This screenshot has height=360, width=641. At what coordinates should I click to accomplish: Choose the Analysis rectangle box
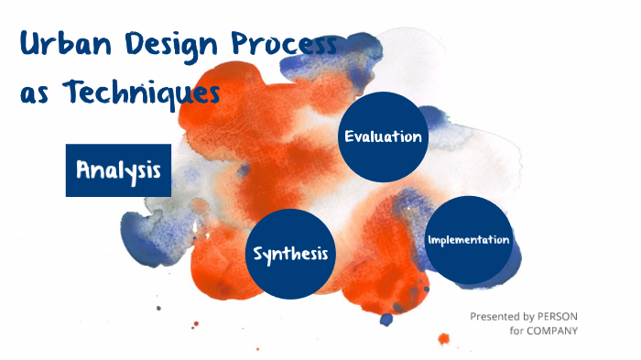click(118, 169)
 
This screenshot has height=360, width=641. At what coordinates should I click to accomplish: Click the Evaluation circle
click(383, 136)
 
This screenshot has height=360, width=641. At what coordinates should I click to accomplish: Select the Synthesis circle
click(290, 253)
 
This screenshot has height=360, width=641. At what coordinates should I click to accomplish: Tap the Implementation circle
click(468, 240)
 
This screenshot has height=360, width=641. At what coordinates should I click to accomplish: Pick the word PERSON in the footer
click(559, 316)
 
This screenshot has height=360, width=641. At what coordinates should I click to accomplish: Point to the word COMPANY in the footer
click(553, 331)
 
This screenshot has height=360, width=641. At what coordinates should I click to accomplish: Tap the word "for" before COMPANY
click(517, 331)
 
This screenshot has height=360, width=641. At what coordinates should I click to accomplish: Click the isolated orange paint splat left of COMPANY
click(443, 339)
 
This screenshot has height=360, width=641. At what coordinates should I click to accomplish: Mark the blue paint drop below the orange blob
click(386, 319)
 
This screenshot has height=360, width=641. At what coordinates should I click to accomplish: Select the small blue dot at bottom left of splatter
click(158, 308)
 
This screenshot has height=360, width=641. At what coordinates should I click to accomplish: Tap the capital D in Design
click(129, 46)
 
